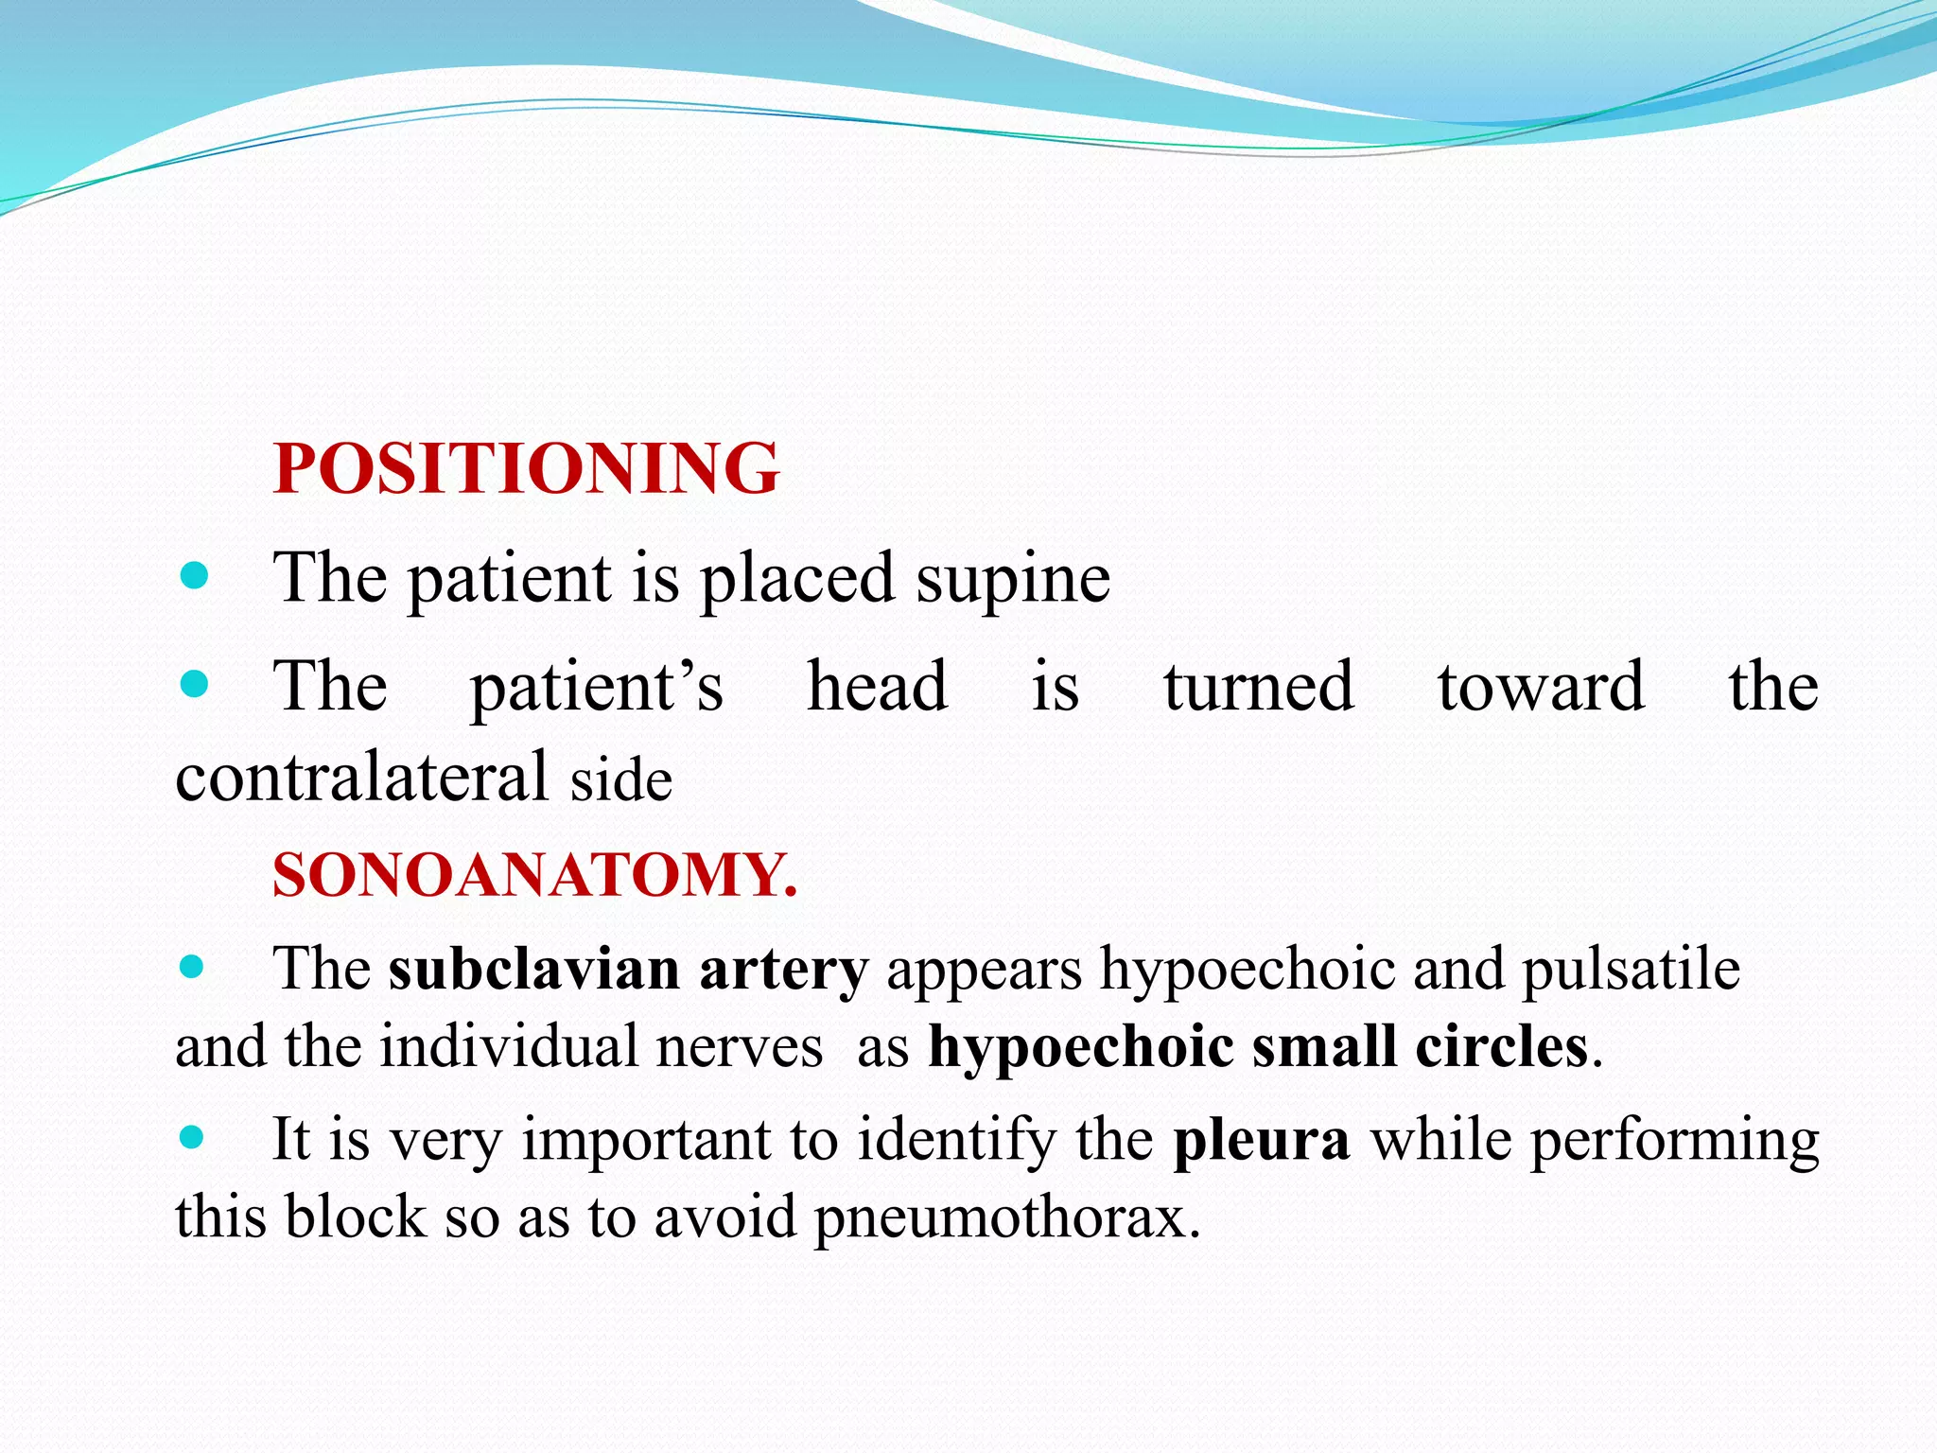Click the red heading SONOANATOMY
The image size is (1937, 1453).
534,875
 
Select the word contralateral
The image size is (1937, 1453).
362,777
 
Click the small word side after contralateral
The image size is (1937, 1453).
621,781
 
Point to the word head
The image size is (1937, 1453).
877,687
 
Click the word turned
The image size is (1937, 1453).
1259,687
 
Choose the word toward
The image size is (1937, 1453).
1541,687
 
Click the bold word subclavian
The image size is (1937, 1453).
533,970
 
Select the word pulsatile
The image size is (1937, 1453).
1631,970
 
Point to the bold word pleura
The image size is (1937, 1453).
1261,1141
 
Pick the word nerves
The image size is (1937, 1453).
740,1048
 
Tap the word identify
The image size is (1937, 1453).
957,1139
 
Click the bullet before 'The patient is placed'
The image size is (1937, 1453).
194,575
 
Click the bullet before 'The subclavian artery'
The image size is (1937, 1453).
192,967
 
